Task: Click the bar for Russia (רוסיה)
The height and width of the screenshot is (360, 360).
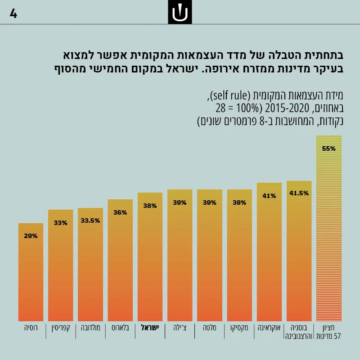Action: click(x=31, y=272)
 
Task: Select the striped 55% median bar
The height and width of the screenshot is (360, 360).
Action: click(x=329, y=228)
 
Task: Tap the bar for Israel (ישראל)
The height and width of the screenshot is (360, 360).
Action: click(x=150, y=257)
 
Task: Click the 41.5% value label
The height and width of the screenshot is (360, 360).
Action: click(x=299, y=193)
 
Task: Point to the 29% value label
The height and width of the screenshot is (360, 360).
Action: click(x=31, y=236)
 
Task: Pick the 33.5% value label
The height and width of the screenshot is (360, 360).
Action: click(x=90, y=220)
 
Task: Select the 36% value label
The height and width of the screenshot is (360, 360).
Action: click(x=120, y=212)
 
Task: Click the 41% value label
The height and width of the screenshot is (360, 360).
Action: click(x=269, y=196)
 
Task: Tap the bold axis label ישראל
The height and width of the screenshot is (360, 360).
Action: click(x=150, y=328)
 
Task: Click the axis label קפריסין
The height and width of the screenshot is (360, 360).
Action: click(x=61, y=328)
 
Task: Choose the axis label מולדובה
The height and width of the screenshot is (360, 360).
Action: click(x=90, y=328)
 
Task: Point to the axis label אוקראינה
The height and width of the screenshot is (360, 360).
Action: click(x=269, y=328)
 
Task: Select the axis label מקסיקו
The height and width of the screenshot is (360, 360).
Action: click(x=239, y=328)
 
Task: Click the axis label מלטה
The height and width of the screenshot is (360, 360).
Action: click(x=209, y=328)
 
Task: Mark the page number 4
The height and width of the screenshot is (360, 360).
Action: click(x=13, y=14)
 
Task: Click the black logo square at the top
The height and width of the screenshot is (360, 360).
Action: click(x=180, y=12)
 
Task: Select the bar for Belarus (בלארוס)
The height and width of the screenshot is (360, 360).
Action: click(x=120, y=260)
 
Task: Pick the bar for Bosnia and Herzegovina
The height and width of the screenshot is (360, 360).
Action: click(x=299, y=251)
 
